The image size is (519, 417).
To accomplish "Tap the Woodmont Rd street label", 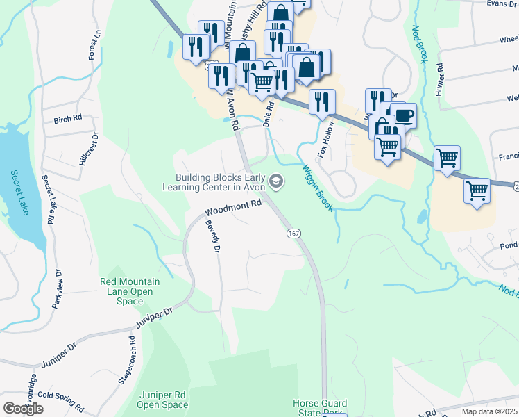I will click(x=232, y=208).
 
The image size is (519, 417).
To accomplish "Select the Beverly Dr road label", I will click(x=212, y=236).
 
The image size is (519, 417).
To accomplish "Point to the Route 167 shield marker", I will click(x=293, y=234).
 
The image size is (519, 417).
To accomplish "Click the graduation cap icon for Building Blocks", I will click(x=276, y=182).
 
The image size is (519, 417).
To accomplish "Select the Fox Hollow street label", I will click(x=323, y=141).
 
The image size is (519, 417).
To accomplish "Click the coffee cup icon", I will click(x=402, y=114).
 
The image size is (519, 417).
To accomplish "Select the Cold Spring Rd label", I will click(x=60, y=404).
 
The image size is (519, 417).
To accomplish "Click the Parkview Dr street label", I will click(x=57, y=288).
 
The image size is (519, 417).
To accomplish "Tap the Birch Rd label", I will click(x=68, y=119).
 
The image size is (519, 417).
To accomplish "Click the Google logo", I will click(x=23, y=408).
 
